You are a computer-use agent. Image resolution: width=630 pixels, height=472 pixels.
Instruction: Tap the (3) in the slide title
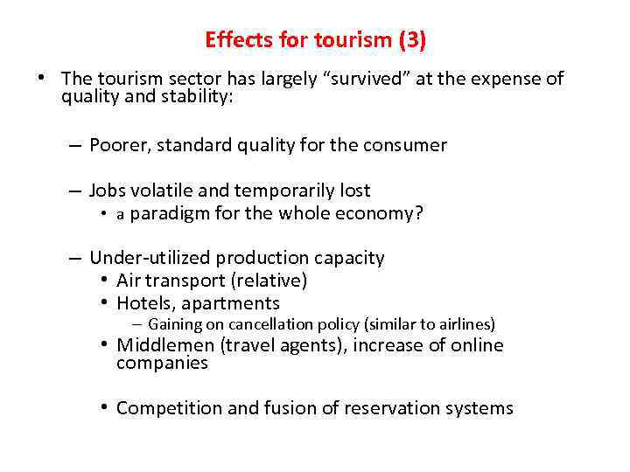point(410,40)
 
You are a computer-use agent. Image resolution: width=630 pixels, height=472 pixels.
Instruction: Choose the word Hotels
point(144,303)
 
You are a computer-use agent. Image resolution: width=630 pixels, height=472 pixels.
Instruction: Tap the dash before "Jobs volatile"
point(77,191)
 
